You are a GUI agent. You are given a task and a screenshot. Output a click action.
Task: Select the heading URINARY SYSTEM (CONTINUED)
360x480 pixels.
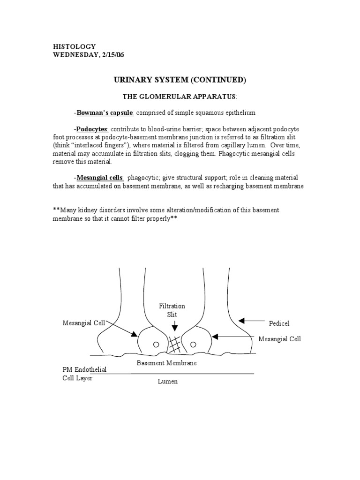(x=180, y=80)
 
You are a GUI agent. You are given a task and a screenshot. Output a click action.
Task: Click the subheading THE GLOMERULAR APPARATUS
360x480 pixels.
(x=180, y=97)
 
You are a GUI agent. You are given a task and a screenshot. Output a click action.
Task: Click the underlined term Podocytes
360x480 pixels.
(x=92, y=129)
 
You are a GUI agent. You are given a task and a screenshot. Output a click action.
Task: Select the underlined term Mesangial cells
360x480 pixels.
(x=100, y=178)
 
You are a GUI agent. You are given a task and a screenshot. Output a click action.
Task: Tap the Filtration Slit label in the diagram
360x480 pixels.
(x=172, y=310)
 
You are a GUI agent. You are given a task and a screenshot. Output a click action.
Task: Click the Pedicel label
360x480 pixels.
(x=280, y=323)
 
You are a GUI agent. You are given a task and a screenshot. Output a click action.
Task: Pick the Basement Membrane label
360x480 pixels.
(x=166, y=363)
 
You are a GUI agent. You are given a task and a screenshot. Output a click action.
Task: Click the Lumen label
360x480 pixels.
(x=168, y=382)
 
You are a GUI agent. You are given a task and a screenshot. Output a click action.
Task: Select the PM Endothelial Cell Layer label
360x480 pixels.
(x=84, y=374)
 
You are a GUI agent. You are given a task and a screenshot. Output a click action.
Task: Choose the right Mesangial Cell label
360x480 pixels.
(x=280, y=339)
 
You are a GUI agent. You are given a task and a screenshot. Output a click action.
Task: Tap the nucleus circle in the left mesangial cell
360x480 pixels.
(x=156, y=345)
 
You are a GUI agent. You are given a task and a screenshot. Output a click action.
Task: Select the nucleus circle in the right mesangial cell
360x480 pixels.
(x=192, y=345)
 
